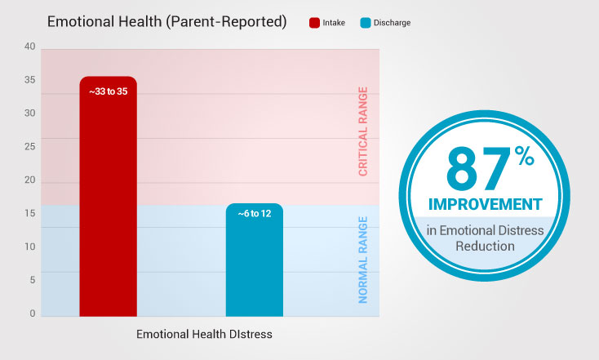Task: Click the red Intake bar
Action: [x=108, y=204]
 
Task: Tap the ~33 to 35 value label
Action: [x=108, y=91]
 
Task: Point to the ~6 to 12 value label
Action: [x=254, y=213]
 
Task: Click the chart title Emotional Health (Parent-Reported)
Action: [x=166, y=21]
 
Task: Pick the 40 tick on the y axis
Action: [x=30, y=47]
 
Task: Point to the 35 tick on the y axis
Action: [x=30, y=80]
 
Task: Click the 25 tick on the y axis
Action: [x=30, y=147]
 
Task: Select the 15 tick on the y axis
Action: [x=30, y=214]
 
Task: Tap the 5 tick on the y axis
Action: [x=33, y=280]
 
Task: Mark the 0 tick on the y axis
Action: [x=33, y=313]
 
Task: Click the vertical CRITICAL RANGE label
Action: [x=363, y=131]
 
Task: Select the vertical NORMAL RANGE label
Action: [x=363, y=260]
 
